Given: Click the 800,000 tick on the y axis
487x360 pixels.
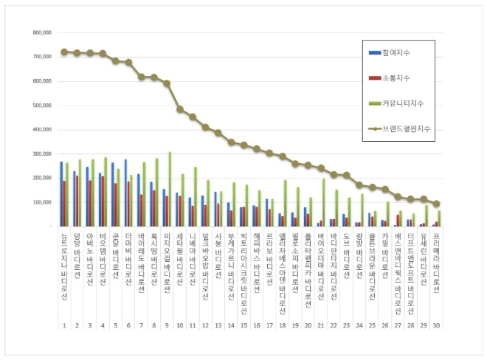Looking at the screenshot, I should tap(38, 33).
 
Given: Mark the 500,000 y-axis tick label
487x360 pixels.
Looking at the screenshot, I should tap(38, 105).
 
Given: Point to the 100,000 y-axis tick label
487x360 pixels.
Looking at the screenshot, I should tap(38, 202).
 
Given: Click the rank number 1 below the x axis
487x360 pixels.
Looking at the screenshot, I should tap(64, 325).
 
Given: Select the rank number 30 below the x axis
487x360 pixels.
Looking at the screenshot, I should tap(436, 325).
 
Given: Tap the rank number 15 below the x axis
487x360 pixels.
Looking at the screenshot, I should tap(243, 325).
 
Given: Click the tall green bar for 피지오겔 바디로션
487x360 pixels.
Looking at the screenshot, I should tap(170, 190).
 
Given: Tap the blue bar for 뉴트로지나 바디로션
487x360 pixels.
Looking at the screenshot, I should tap(61, 194).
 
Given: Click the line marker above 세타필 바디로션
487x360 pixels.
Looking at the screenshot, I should tap(179, 109).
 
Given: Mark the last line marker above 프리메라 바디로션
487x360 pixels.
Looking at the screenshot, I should tap(436, 204).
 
